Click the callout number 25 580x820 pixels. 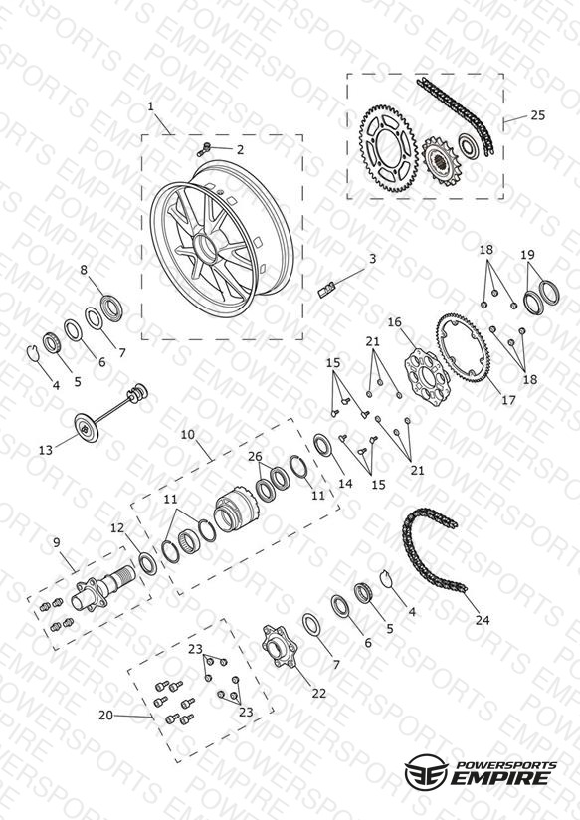point(537,115)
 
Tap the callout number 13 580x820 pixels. point(46,450)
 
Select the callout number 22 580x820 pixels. point(319,693)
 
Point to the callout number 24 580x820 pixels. point(483,620)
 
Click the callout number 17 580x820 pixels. point(508,400)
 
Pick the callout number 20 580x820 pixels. point(105,715)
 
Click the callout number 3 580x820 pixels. point(372,259)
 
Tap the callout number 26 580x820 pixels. point(255,456)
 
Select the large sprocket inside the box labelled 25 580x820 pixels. point(388,148)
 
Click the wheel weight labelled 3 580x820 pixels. point(326,289)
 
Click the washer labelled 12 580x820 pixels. point(148,563)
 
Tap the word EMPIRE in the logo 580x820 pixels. point(500,777)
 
